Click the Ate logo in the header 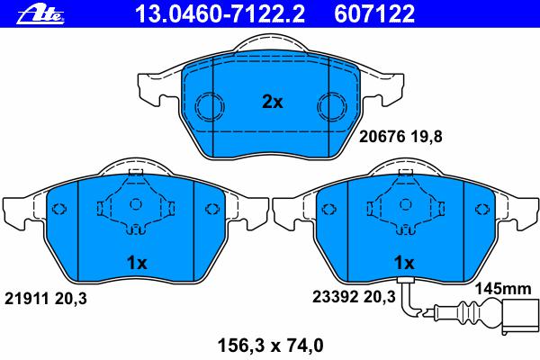coord(40,14)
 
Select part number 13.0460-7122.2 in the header coord(220,13)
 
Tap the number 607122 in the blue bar coord(374,13)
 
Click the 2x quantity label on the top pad coord(272,102)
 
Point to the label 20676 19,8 coord(400,137)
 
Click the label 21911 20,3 coord(46,299)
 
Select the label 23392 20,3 coord(354,297)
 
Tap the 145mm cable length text coord(503,288)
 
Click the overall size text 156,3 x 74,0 coord(271,346)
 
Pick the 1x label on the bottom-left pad coord(137,263)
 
